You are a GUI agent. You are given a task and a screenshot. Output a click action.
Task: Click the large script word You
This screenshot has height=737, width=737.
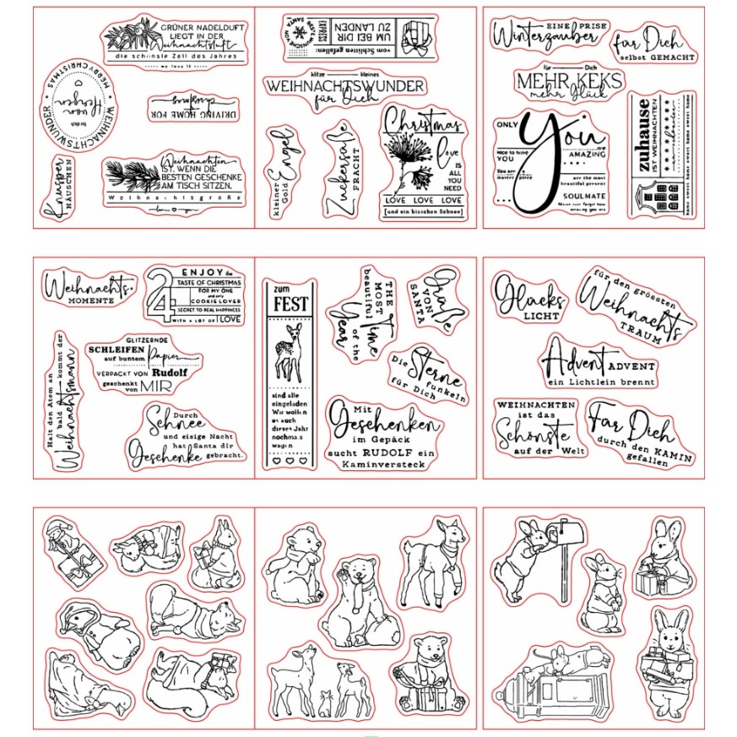coord(553,152)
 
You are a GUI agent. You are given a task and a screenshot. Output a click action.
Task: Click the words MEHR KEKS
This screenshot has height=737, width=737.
coord(569,82)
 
